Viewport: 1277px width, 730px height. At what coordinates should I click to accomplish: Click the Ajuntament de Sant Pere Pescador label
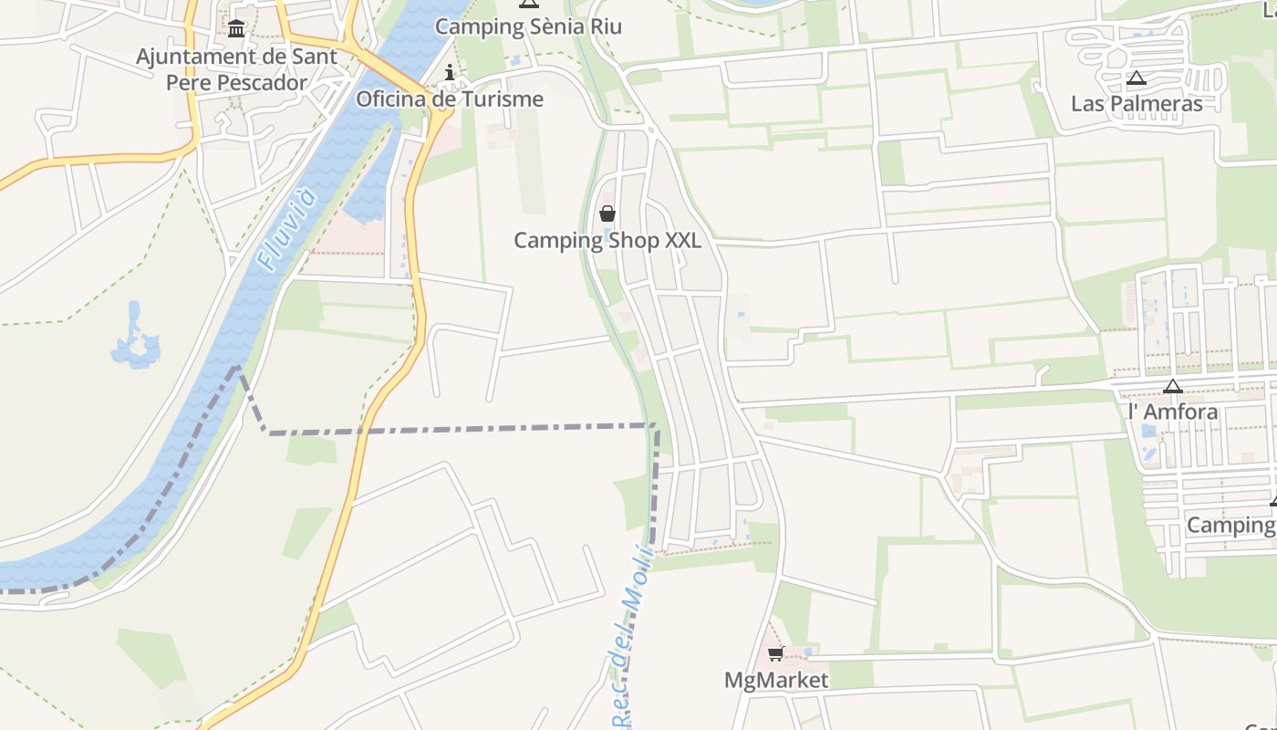tap(236, 68)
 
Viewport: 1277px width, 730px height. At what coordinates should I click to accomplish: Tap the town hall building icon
tap(236, 29)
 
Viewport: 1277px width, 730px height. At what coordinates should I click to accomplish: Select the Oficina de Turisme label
tap(450, 99)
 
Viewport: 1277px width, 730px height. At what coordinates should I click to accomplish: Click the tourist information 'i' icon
tap(449, 73)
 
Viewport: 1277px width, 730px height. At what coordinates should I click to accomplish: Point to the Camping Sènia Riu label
tap(528, 26)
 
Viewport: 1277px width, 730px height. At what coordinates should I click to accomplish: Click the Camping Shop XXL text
tap(607, 240)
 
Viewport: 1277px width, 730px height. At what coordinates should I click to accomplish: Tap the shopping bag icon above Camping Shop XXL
tap(607, 214)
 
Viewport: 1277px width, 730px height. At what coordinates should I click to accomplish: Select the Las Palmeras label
tap(1137, 103)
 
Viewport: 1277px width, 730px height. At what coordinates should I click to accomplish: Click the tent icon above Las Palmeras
tap(1136, 78)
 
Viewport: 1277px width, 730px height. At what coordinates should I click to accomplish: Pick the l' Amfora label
tap(1173, 412)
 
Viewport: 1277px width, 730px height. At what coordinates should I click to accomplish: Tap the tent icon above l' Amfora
tap(1173, 386)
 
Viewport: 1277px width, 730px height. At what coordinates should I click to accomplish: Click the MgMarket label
tap(776, 680)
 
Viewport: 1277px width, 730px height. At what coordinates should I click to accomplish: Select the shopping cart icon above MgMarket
tap(775, 653)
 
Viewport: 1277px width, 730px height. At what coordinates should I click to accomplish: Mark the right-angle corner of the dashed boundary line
tap(656, 426)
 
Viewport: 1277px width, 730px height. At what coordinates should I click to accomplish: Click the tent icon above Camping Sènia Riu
tap(528, 3)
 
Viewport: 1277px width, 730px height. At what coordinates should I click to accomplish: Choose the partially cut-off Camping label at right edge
tap(1230, 525)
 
